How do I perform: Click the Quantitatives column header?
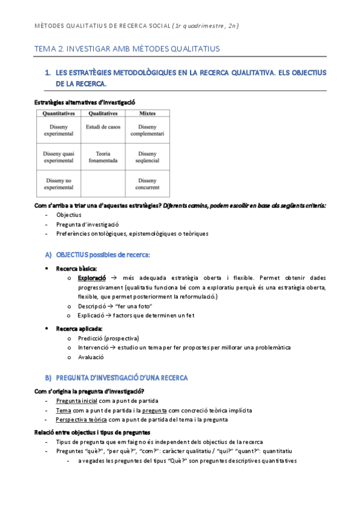click(x=58, y=113)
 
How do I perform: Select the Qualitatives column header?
click(x=103, y=113)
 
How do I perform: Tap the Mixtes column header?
click(x=147, y=113)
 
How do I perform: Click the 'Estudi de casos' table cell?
click(x=103, y=127)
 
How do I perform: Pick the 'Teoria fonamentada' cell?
click(x=103, y=157)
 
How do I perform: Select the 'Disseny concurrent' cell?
click(x=147, y=183)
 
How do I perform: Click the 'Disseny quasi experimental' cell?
click(x=58, y=157)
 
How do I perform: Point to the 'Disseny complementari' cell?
click(x=147, y=130)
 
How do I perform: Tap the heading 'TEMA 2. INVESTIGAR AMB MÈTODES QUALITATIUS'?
click(x=127, y=48)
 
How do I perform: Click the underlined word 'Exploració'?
click(x=92, y=278)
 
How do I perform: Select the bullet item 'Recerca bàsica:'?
click(x=76, y=268)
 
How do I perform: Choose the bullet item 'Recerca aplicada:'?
click(x=79, y=328)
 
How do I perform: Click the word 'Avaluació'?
click(x=91, y=357)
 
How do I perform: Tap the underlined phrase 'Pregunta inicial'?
click(x=76, y=401)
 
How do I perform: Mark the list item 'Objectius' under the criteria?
click(x=69, y=215)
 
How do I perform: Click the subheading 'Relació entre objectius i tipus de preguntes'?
click(x=101, y=432)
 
